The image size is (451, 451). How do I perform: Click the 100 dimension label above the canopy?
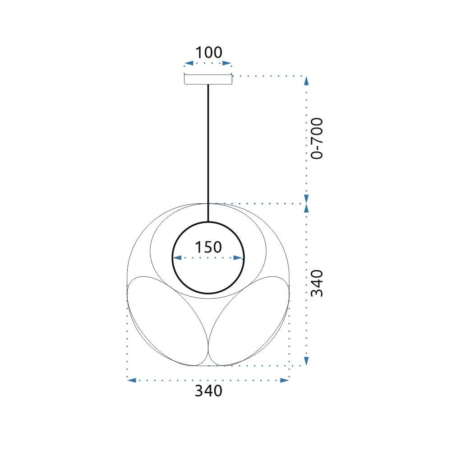pos(208,53)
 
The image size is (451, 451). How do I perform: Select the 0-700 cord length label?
pos(318,138)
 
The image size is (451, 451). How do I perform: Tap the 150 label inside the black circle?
pos(208,247)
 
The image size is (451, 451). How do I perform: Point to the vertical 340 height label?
pos(318,283)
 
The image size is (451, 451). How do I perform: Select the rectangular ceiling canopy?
pos(208,79)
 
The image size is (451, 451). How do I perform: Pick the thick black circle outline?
pos(173,258)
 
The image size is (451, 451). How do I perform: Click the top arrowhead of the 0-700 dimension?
pos(306,81)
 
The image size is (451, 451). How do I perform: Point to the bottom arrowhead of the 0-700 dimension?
pos(306,199)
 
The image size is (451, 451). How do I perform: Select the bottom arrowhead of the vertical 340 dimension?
pos(306,361)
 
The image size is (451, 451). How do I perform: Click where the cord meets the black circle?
pos(208,222)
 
